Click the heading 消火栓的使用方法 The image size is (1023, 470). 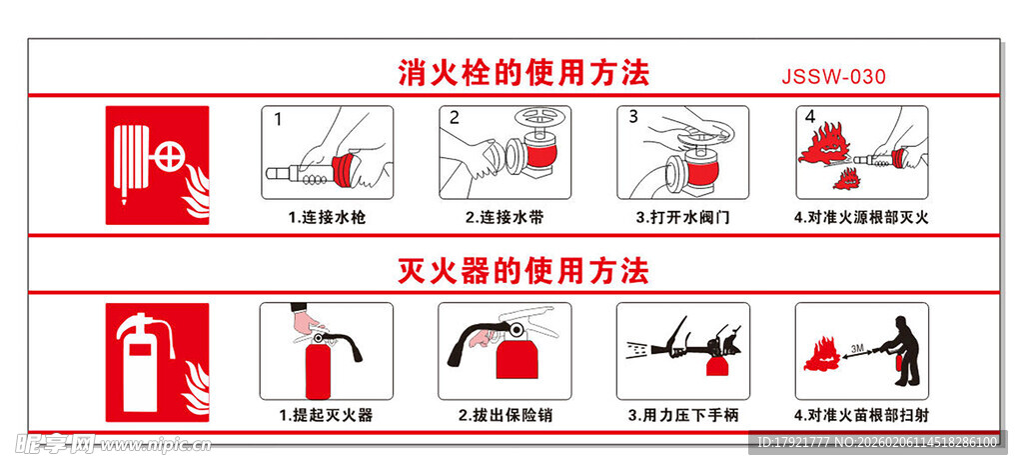point(523,73)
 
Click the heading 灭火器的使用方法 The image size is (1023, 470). point(523,270)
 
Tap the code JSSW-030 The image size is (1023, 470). point(833,77)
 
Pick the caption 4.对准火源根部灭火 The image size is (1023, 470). point(861,217)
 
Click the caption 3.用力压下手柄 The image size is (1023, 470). point(682,414)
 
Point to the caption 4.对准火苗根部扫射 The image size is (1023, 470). point(861,414)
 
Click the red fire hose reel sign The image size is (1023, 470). point(158,165)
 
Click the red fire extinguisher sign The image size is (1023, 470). point(158,362)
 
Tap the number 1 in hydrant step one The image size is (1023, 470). point(278,119)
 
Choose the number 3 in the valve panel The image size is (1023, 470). point(632,117)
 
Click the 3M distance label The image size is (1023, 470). point(857,347)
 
